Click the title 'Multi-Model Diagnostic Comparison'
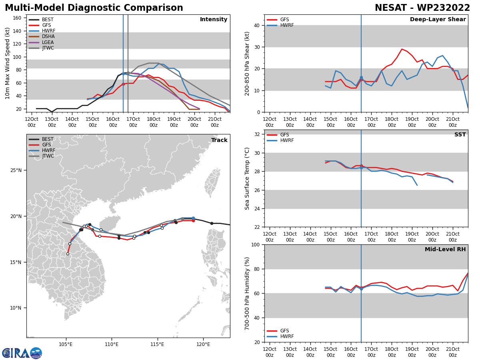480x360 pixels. [94, 8]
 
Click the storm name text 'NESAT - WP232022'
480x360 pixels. [422, 8]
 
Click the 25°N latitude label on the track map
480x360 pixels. [16, 170]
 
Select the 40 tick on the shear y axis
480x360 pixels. [256, 25]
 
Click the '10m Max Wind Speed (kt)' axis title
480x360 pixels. [8, 63]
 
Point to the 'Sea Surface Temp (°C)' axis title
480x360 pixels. [247, 178]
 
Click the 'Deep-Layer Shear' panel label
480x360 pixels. [438, 20]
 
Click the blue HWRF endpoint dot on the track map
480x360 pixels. [193, 218]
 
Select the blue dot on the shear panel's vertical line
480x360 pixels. [361, 78]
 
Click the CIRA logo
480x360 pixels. [22, 353]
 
